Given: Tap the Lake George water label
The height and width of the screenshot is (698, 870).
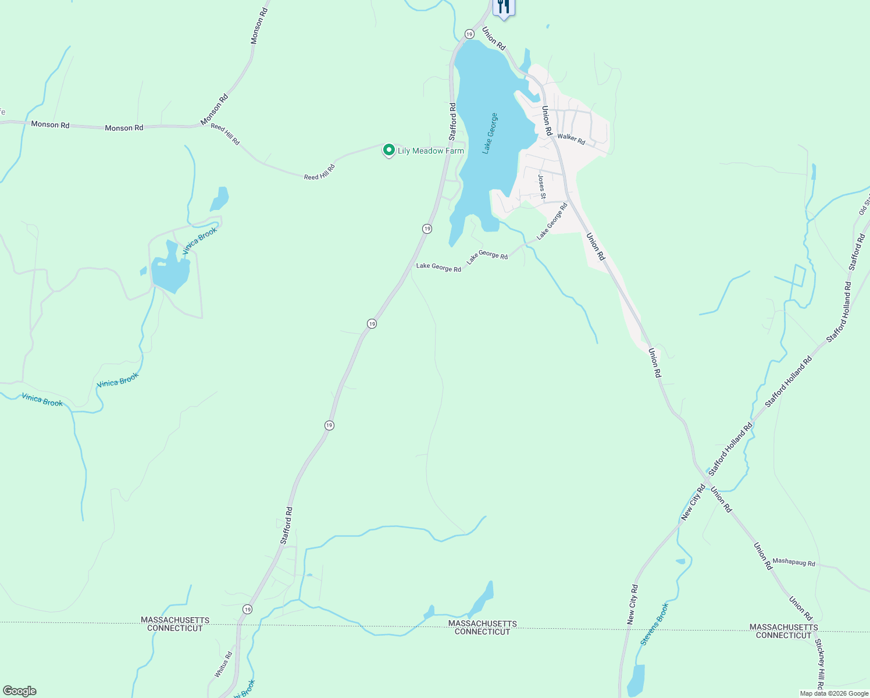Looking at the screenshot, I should [490, 133].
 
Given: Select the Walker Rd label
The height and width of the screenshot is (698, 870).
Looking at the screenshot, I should [571, 138].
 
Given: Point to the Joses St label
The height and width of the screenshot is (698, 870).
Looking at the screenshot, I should [541, 187].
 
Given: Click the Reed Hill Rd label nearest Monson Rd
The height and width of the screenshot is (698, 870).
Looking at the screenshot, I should [225, 134].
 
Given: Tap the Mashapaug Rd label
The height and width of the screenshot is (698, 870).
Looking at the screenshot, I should [794, 562].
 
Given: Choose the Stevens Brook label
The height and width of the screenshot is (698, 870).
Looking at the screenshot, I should [655, 624].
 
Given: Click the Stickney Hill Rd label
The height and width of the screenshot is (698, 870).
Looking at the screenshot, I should [819, 663].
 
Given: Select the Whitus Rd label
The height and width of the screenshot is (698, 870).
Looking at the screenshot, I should [223, 664].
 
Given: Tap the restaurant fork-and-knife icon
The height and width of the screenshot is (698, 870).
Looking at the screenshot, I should [504, 7].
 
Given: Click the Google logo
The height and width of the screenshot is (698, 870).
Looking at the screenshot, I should [20, 691].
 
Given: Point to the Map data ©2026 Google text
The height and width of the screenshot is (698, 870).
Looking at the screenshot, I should [834, 693].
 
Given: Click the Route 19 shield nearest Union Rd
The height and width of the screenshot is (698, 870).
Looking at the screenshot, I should [469, 34].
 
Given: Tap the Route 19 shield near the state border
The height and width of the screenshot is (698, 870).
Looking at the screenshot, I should [248, 609].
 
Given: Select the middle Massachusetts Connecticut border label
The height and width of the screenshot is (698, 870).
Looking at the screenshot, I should [482, 628].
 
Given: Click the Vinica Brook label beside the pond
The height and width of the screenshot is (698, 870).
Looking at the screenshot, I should [199, 240].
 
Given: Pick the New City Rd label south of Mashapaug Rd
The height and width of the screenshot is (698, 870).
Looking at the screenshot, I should [632, 604].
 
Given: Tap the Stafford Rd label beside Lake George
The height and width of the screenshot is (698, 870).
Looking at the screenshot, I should [452, 122].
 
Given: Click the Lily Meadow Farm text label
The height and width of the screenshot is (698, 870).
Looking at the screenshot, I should [430, 151].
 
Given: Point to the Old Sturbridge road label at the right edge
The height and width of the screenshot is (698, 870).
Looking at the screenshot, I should [864, 205].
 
